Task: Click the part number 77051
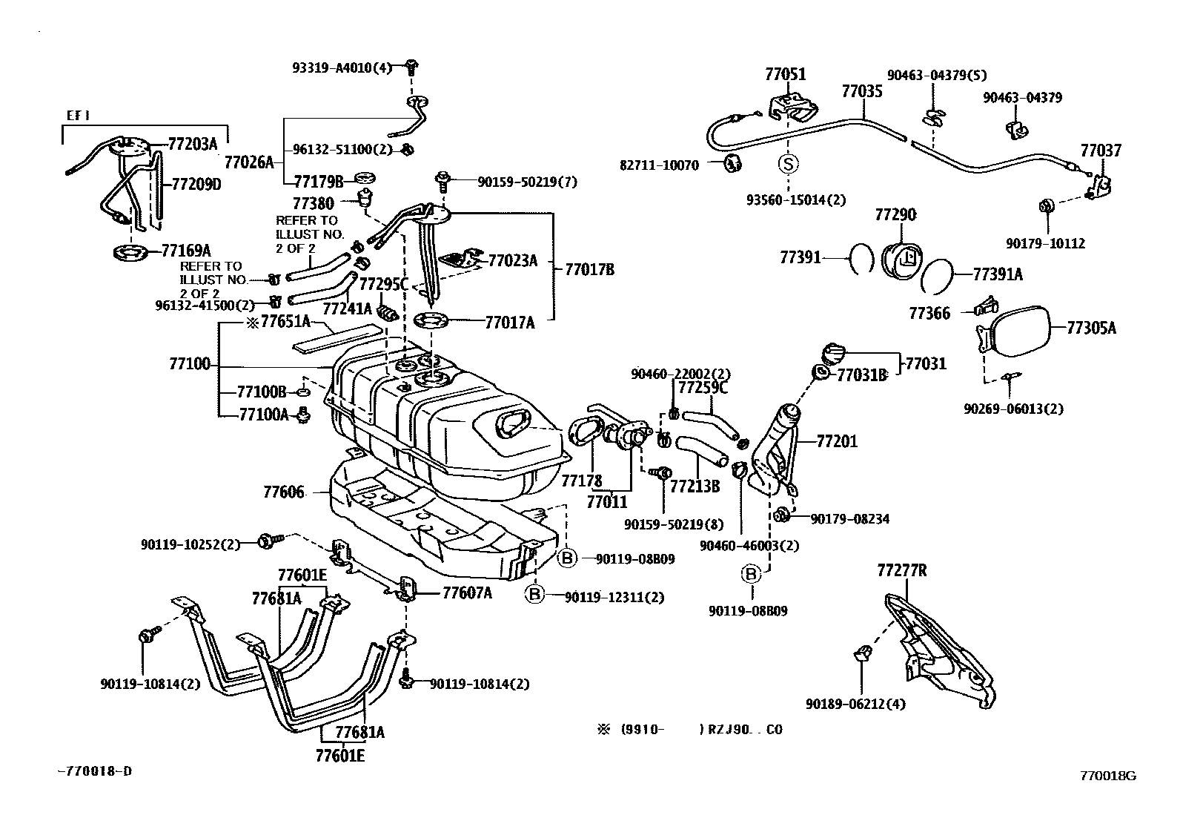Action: tap(786, 74)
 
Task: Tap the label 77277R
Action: tap(901, 570)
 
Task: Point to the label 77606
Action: tap(283, 492)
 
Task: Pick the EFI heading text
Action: tap(77, 116)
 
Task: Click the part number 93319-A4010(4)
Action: tap(341, 68)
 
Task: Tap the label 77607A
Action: tap(468, 593)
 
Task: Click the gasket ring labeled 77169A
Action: tap(130, 253)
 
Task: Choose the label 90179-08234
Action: tap(849, 519)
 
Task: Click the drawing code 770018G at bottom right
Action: tap(1107, 776)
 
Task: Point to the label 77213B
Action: tap(695, 486)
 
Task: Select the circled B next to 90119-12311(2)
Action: tap(536, 594)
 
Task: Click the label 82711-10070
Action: tap(659, 165)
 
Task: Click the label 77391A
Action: tap(998, 274)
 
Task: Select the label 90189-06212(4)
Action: tap(855, 704)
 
